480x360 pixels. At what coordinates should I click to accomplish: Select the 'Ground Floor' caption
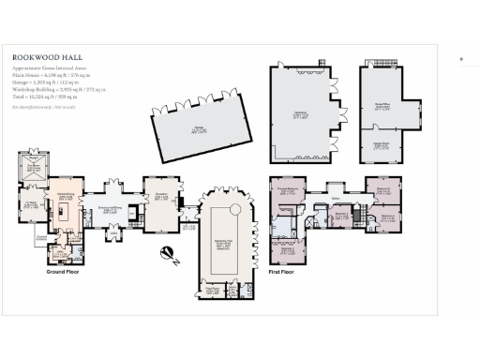(67, 272)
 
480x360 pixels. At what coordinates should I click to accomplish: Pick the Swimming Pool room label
(225, 241)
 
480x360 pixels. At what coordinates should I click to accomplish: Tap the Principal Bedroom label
(286, 190)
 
